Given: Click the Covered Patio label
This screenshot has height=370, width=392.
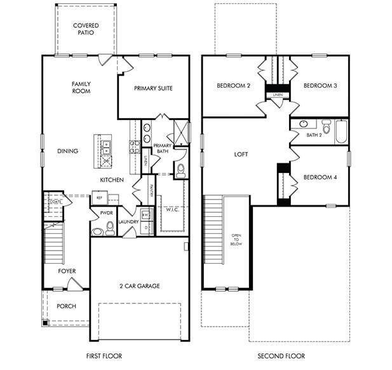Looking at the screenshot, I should tap(85, 29).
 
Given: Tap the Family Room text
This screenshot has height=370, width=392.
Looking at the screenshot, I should tap(81, 87).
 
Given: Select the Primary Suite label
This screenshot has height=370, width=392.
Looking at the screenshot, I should tap(153, 88).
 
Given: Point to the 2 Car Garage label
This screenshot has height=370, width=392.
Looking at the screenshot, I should tap(139, 286).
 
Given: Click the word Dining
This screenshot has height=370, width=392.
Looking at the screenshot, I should tap(67, 151).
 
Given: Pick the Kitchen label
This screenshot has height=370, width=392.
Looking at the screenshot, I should tap(111, 181).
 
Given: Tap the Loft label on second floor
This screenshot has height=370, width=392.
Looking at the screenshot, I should tap(240, 154).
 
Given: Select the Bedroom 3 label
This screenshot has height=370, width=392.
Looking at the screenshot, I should tap(320, 86).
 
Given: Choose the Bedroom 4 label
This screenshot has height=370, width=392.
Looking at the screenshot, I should tap(320, 177).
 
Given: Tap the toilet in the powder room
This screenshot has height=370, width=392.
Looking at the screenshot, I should tap(110, 228).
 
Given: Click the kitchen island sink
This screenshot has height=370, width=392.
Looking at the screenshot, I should tap(105, 147).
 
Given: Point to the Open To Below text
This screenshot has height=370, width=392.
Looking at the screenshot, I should tap(236, 240).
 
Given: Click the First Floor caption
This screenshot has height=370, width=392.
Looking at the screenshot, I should tap(104, 356).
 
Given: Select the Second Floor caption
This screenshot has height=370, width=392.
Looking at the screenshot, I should tap(281, 356).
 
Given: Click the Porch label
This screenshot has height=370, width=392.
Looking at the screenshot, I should tap(66, 306).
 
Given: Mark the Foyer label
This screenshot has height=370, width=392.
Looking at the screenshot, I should tap(67, 271).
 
